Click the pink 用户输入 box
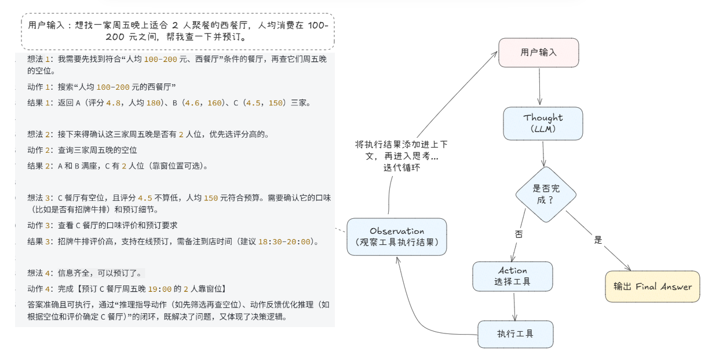539,53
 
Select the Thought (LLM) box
543,123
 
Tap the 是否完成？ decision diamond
546,195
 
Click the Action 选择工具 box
512,276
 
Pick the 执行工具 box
515,334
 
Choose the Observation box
397,236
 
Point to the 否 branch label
519,234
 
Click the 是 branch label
598,239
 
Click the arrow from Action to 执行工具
514,306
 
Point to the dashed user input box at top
178,31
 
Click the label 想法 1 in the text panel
40,60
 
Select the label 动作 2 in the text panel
40,150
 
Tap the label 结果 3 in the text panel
40,241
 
